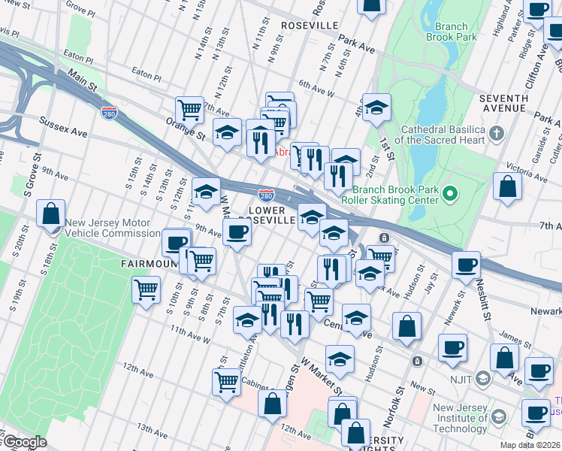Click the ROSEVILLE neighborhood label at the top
tap(309, 26)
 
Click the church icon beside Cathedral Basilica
tap(496, 134)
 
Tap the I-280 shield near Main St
tap(108, 112)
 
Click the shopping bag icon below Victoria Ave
tap(508, 186)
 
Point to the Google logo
tap(24, 443)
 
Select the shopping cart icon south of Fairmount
tap(146, 289)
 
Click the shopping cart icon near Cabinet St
tap(226, 381)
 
